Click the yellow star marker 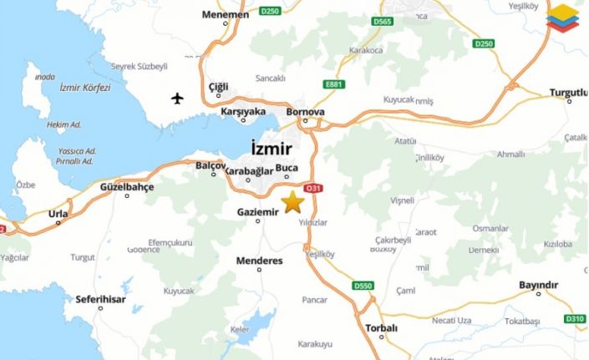coord(292,202)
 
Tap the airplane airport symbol coord(177,99)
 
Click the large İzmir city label coord(272,149)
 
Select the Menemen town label coord(226,15)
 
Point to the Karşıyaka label coord(243,111)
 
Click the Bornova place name coord(305,111)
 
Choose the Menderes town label coord(259,261)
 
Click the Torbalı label coord(382,327)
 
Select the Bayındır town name coord(538,286)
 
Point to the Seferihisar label coord(100,298)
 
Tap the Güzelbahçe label coord(127,187)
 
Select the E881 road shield coord(335,84)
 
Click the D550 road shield coord(362,286)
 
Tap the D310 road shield coord(575,318)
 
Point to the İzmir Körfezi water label coord(85,87)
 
